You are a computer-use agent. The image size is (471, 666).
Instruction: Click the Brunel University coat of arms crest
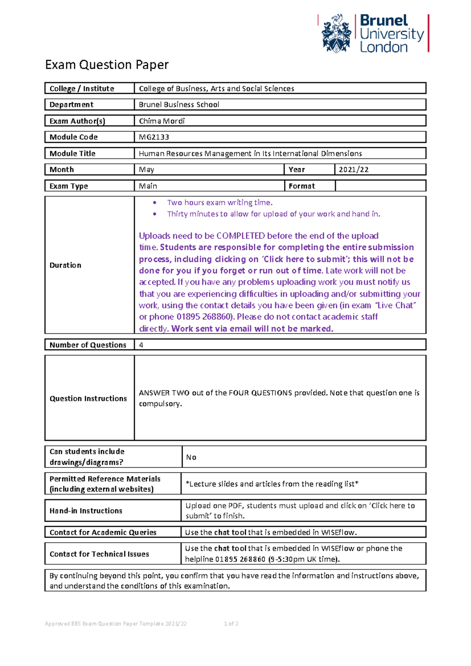[x=336, y=34]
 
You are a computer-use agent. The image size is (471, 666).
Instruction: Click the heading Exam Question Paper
[x=107, y=64]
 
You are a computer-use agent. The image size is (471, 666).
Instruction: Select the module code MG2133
[x=154, y=137]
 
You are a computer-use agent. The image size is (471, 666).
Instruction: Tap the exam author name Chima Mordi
[x=162, y=121]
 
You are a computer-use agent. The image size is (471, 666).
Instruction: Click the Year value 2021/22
[x=354, y=170]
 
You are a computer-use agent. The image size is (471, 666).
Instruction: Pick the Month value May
[x=146, y=170]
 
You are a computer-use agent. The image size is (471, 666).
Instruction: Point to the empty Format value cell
[x=380, y=186]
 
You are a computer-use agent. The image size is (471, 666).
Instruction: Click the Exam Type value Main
[x=148, y=186]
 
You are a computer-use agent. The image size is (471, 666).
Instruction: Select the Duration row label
[x=65, y=265]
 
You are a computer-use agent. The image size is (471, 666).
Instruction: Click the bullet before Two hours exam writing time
[x=155, y=203]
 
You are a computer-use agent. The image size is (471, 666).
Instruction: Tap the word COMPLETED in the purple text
[x=241, y=236]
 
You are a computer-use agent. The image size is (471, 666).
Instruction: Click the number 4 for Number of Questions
[x=141, y=345]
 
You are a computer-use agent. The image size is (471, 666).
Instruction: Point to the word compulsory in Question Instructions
[x=160, y=404]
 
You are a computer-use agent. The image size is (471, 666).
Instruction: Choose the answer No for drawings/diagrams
[x=191, y=457]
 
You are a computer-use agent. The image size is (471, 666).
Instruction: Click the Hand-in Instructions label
[x=86, y=510]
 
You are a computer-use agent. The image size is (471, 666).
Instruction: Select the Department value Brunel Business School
[x=179, y=104]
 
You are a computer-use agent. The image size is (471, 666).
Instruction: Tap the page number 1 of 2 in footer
[x=231, y=624]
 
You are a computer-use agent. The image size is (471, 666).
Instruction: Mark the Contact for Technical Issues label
[x=99, y=554]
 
